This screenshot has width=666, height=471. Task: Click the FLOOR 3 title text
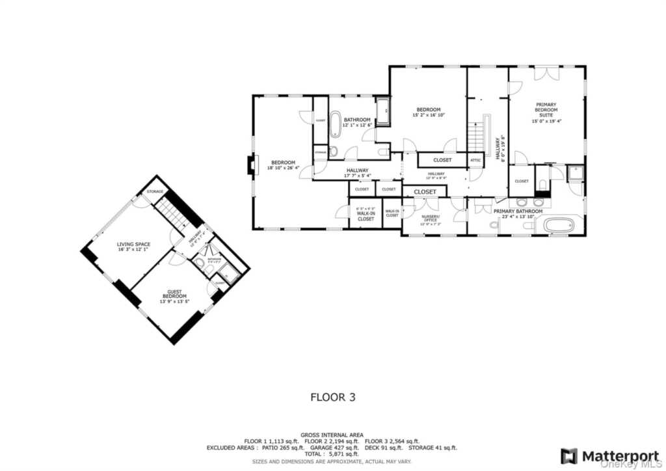tap(332, 396)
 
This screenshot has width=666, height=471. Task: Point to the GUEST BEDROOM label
tap(174, 297)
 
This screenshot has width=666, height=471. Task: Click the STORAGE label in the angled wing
tap(155, 191)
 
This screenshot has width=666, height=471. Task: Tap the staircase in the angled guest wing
tap(174, 213)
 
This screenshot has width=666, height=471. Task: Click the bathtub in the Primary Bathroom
tap(559, 226)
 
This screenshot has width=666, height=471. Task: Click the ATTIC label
tap(475, 160)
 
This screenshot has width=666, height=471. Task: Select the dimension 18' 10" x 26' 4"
tap(283, 168)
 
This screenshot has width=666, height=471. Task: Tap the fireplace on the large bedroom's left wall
tap(250, 167)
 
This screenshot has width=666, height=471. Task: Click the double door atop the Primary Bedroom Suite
tap(546, 73)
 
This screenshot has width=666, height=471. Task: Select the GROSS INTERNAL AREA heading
tap(332, 435)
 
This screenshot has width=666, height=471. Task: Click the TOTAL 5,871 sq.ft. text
tap(332, 455)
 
